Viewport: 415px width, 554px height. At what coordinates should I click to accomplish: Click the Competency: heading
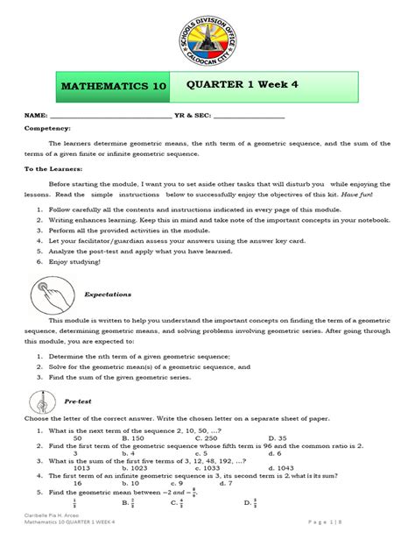(48, 128)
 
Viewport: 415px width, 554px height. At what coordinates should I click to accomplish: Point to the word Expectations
(107, 295)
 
